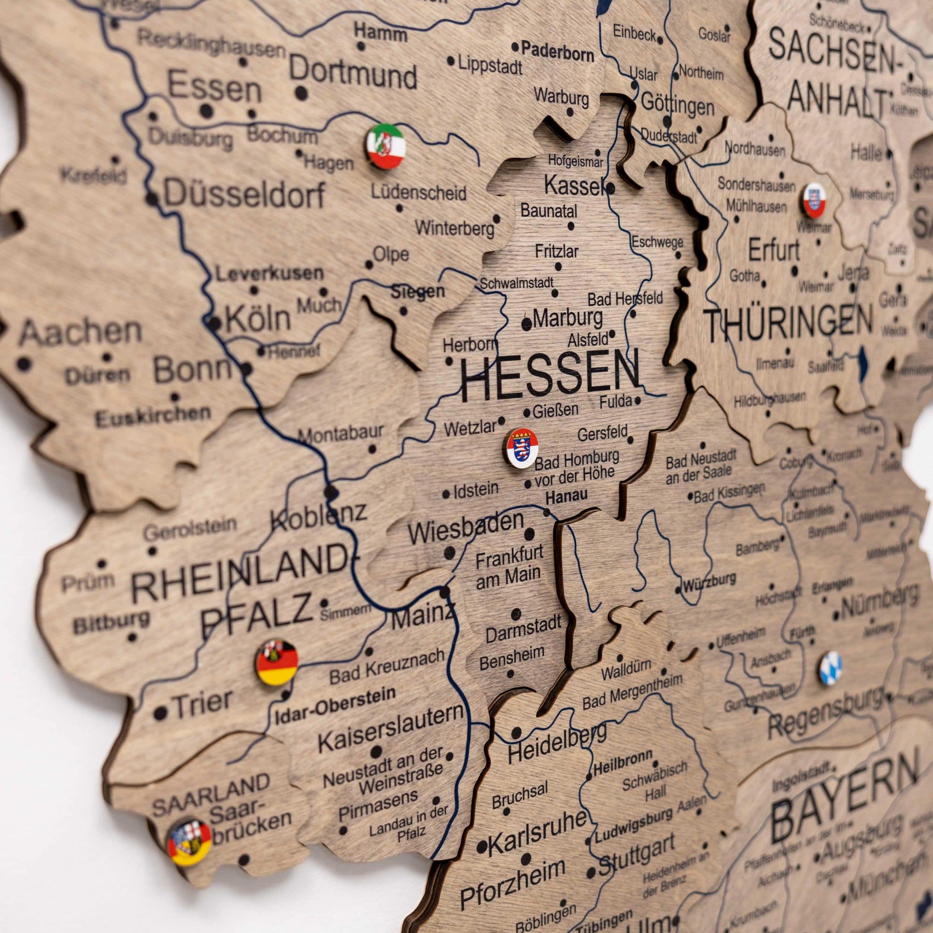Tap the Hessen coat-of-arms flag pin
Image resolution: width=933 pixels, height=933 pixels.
(522, 448)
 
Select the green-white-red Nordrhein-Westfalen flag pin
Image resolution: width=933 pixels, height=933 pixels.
(386, 146)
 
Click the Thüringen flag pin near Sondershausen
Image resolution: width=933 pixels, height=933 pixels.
(815, 201)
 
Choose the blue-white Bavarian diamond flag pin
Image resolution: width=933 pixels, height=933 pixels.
(831, 668)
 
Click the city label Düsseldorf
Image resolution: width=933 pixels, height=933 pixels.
(244, 194)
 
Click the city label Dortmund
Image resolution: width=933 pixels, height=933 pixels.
(353, 75)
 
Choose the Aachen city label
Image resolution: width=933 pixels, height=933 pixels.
(80, 332)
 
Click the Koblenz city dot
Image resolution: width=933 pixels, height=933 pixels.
(331, 493)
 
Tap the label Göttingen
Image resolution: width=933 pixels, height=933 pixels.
(677, 105)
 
